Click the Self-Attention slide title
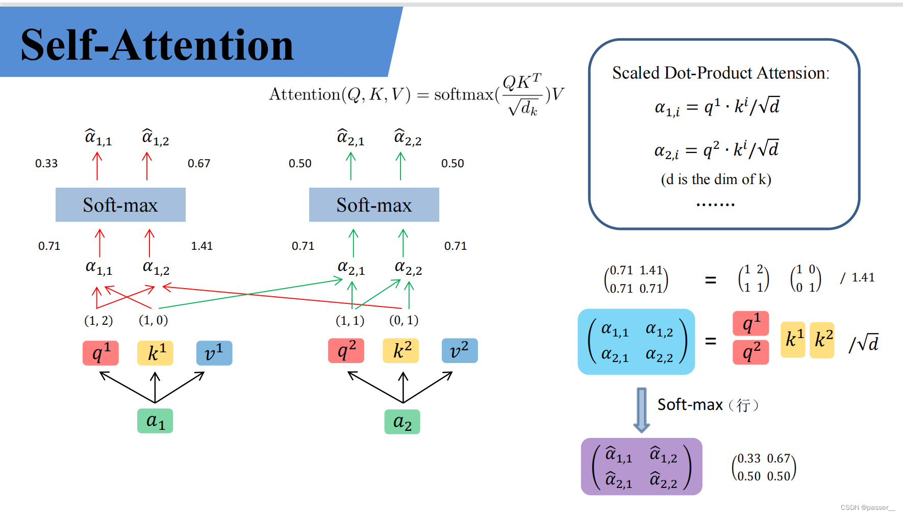(157, 45)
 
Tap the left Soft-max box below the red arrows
(120, 205)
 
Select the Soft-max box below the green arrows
(374, 205)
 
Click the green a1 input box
(155, 421)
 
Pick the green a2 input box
(402, 422)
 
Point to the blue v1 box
(214, 353)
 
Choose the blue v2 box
(460, 351)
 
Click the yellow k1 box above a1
(155, 353)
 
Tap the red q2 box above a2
(346, 351)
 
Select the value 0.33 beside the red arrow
(46, 164)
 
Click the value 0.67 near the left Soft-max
(199, 164)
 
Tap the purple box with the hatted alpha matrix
(641, 467)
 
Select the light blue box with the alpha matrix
(636, 342)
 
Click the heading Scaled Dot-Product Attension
(720, 73)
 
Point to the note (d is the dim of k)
(716, 179)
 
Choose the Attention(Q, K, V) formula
(416, 94)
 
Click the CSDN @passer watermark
(867, 507)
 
